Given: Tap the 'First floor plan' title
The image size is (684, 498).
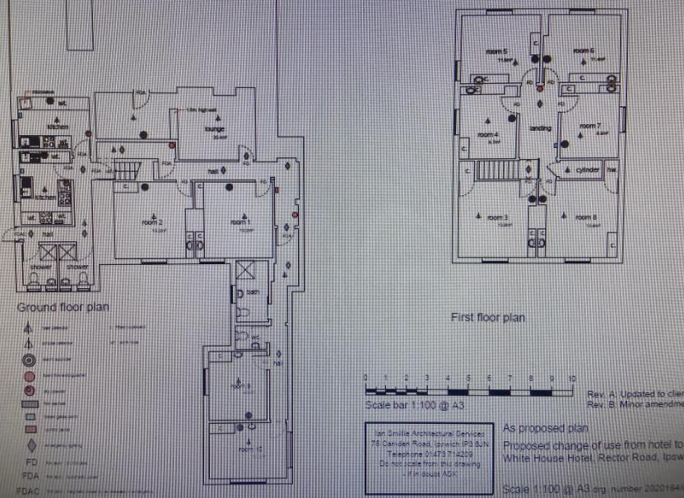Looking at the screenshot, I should pyautogui.click(x=488, y=317).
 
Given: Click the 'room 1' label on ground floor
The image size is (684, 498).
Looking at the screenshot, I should pyautogui.click(x=240, y=222).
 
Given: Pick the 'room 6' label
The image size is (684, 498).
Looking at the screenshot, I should pyautogui.click(x=585, y=52).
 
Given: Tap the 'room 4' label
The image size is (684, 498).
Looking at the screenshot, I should pyautogui.click(x=491, y=134).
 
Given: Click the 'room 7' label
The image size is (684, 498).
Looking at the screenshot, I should pyautogui.click(x=589, y=126).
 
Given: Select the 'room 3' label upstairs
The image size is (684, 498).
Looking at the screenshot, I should pyautogui.click(x=496, y=217).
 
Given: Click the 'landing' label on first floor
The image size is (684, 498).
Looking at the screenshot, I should pyautogui.click(x=541, y=128).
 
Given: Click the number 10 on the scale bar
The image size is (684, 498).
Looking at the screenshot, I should pyautogui.click(x=572, y=377).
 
